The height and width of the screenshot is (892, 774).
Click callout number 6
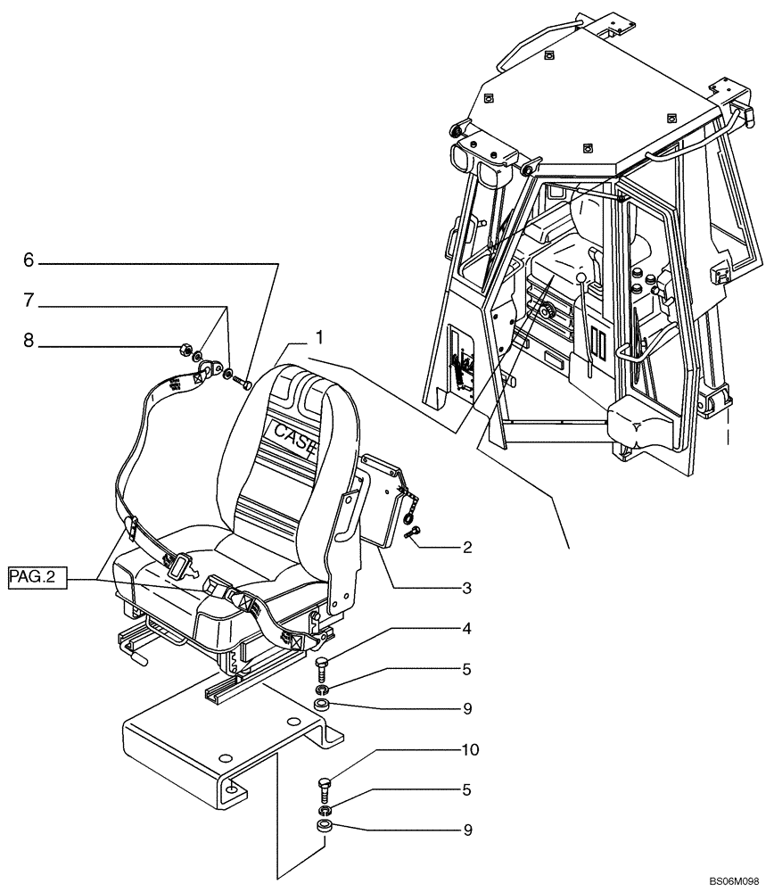click(x=29, y=260)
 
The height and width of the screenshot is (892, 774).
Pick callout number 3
click(x=467, y=588)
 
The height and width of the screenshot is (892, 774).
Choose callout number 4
click(x=467, y=628)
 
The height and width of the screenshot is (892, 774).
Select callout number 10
click(x=469, y=750)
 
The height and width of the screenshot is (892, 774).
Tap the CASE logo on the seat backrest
click(x=292, y=438)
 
